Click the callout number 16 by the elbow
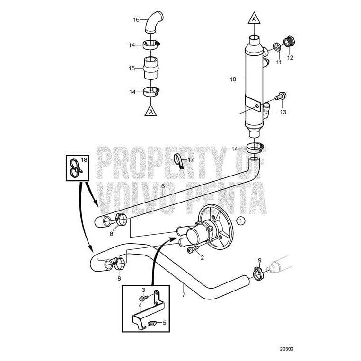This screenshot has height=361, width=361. point(136,20)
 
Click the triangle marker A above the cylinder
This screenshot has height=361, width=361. point(254,19)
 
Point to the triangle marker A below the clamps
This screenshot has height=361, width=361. point(150,111)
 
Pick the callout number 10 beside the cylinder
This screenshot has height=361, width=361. point(232,79)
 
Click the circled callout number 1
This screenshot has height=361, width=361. point(240,220)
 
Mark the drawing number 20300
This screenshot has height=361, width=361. point(286,350)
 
